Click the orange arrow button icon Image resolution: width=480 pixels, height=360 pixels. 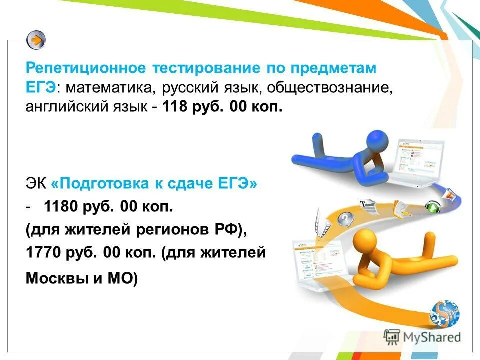point(36,40)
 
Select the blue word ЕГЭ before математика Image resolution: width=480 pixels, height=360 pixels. point(41,88)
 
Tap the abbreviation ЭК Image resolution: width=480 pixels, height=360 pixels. point(36,184)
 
